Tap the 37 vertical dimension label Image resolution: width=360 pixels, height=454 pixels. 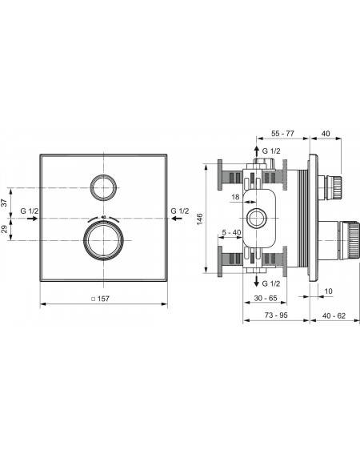point(4,203)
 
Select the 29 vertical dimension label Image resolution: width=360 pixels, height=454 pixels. point(4,229)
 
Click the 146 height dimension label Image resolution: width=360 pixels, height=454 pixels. point(200,219)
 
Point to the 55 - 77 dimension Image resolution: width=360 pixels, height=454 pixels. point(282,134)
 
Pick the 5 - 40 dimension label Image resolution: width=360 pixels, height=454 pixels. point(231,232)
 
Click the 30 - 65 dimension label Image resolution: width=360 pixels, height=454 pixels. point(266,298)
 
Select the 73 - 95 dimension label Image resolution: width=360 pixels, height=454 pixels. point(276,315)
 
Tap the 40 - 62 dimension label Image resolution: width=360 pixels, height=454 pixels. point(334,315)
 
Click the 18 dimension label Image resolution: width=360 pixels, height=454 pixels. point(235,197)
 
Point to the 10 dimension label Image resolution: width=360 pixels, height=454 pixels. point(328,291)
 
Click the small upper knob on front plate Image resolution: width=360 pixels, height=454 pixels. point(104,187)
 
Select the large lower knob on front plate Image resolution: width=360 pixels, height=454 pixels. point(103,240)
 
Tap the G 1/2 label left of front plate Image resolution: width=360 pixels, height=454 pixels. point(30,211)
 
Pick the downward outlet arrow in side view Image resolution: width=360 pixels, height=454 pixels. point(256,280)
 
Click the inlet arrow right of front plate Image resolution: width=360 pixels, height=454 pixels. point(177,219)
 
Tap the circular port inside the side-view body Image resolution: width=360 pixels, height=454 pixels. point(257,218)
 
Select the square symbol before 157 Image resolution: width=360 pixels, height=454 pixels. point(93,299)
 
